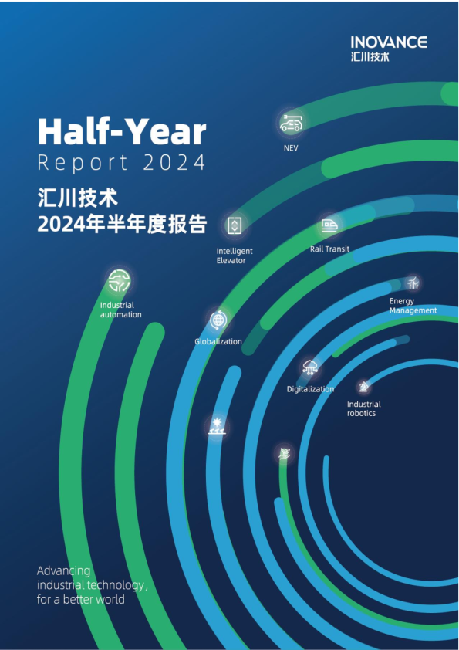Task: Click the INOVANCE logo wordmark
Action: tap(388, 42)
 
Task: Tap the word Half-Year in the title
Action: tap(122, 132)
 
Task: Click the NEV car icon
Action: tap(291, 123)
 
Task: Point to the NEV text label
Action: tap(291, 147)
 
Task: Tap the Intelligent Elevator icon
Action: tap(235, 225)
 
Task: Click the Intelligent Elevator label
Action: tap(235, 256)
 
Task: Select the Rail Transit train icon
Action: tap(329, 225)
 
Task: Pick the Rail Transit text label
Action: tap(330, 249)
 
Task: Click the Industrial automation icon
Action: tap(119, 281)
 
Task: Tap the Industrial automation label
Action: tap(121, 310)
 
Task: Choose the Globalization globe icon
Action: tap(218, 319)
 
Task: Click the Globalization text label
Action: tap(218, 341)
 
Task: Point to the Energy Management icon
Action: tap(413, 283)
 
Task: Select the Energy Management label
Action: tap(413, 306)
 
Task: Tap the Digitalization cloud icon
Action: tap(310, 367)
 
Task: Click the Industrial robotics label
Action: tap(363, 409)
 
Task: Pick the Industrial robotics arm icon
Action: tap(363, 386)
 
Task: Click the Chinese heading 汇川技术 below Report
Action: tap(77, 197)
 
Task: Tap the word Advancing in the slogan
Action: tap(64, 571)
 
